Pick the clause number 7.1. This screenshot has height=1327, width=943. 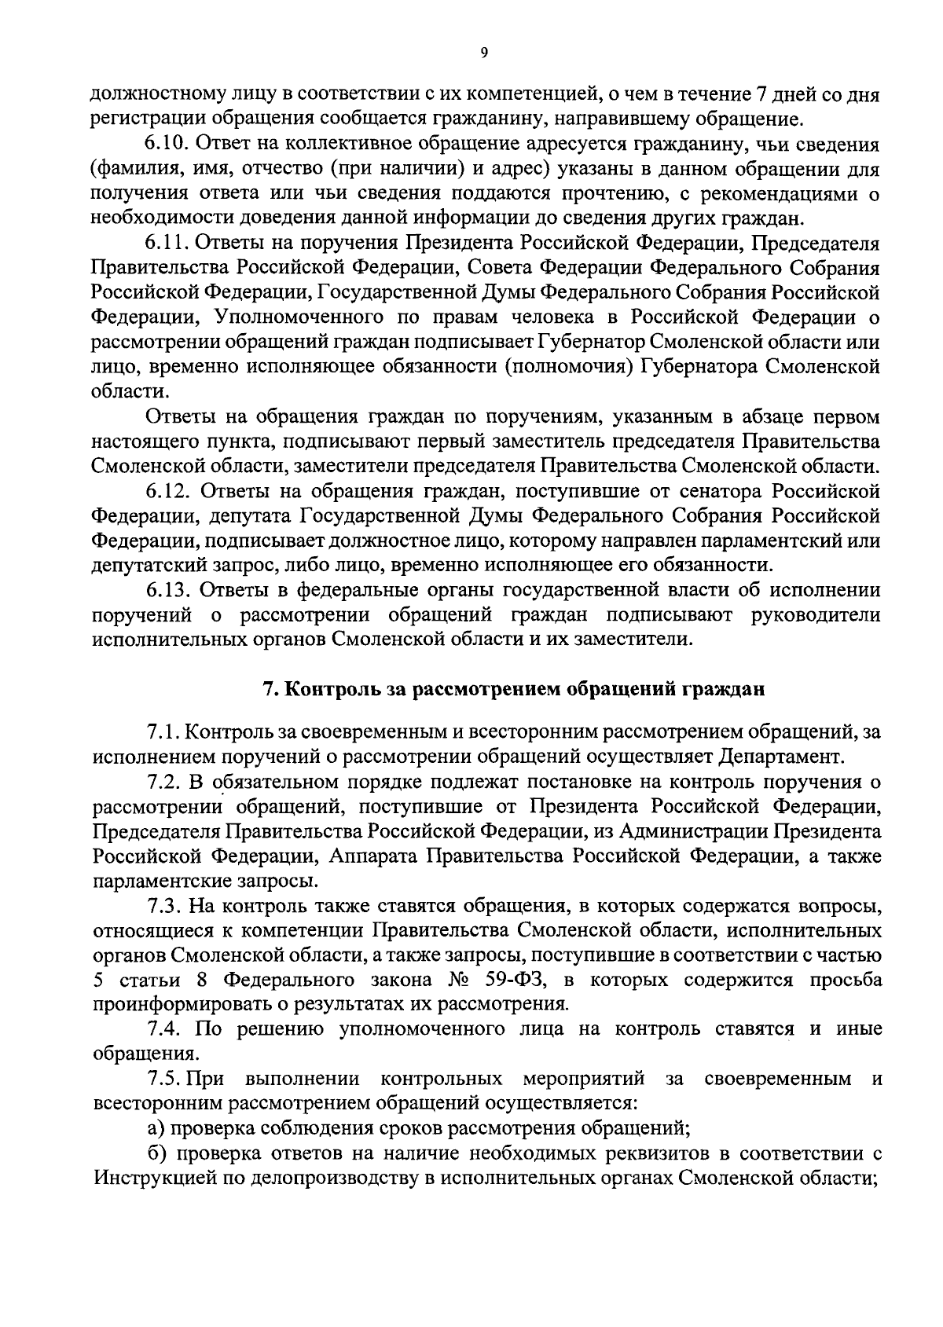(163, 732)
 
